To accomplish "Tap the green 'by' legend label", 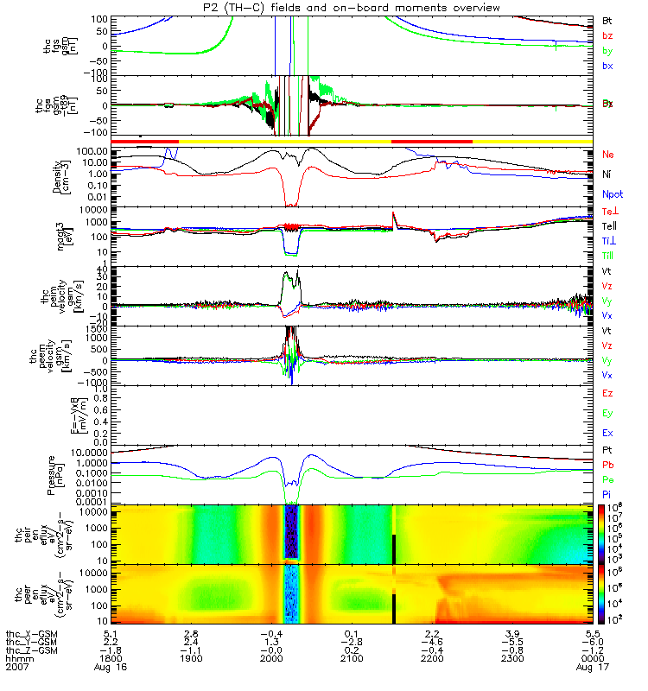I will pos(607,50).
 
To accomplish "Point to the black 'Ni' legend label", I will pos(607,174).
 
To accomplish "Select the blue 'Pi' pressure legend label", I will pos(607,493).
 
